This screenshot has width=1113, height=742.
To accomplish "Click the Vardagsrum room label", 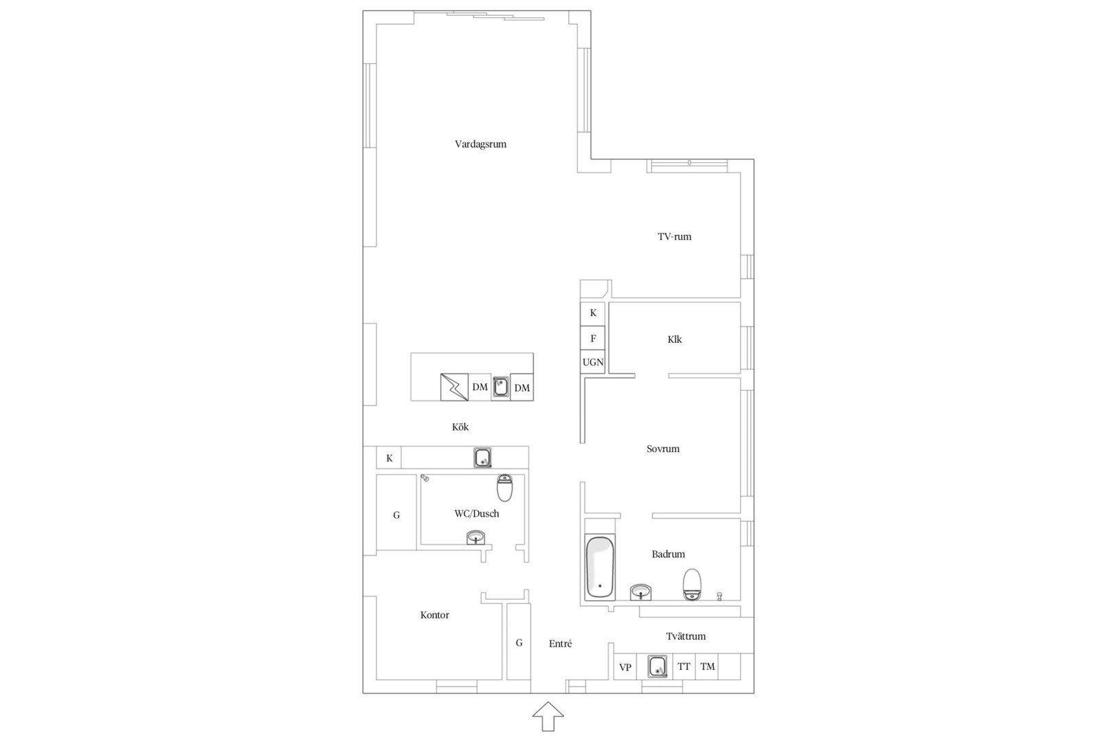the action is pyautogui.click(x=480, y=144).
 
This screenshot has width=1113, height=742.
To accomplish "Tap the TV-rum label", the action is pyautogui.click(x=674, y=236).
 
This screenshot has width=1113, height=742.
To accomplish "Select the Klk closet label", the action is pyautogui.click(x=674, y=339).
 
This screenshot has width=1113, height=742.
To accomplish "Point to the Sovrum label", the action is pyautogui.click(x=663, y=449).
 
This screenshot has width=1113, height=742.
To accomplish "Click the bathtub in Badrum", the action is pyautogui.click(x=600, y=567).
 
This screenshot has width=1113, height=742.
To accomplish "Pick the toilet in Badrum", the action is pyautogui.click(x=692, y=584).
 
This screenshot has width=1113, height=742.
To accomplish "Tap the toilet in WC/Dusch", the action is pyautogui.click(x=504, y=488).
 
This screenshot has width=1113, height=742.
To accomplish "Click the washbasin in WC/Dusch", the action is pyautogui.click(x=475, y=537).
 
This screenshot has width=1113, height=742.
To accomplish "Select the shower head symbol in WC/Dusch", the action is pyautogui.click(x=425, y=478).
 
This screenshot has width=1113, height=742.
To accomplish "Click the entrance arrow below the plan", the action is pyautogui.click(x=548, y=716).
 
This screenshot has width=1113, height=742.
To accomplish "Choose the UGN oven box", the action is pyautogui.click(x=593, y=362).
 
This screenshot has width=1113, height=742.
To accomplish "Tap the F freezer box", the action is pyautogui.click(x=593, y=339).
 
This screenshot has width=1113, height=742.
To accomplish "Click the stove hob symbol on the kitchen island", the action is pyautogui.click(x=454, y=387).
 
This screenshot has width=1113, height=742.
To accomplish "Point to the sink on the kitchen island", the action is pyautogui.click(x=500, y=387).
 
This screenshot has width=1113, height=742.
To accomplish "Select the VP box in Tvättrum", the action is pyautogui.click(x=625, y=667).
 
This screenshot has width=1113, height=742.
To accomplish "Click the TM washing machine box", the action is pyautogui.click(x=707, y=667).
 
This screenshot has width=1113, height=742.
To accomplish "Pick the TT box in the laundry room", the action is pyautogui.click(x=684, y=667).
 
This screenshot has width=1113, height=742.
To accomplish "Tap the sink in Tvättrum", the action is pyautogui.click(x=657, y=666).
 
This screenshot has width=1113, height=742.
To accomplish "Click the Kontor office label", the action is pyautogui.click(x=435, y=616).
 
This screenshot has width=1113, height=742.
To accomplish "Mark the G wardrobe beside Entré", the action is pyautogui.click(x=519, y=642).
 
